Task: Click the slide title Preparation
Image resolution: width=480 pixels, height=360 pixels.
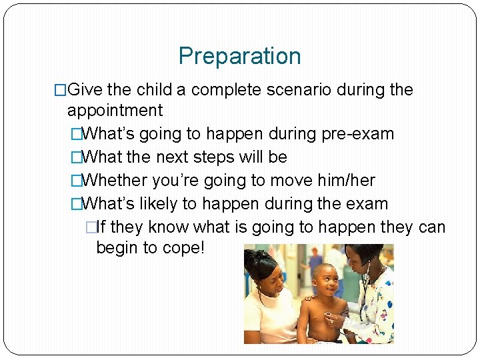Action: click(239, 56)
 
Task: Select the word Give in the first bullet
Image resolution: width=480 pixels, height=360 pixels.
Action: click(83, 90)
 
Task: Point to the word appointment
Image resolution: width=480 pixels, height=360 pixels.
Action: click(115, 111)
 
